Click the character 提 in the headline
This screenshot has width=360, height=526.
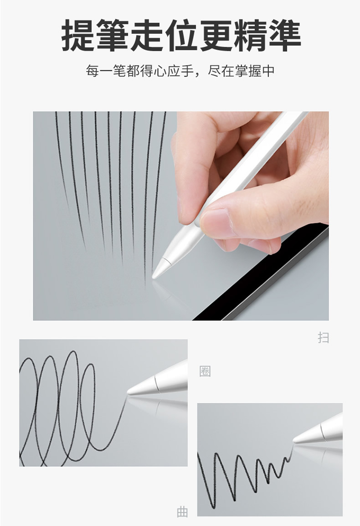(78, 35)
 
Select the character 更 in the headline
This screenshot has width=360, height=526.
(216, 35)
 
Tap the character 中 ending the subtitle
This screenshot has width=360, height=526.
(268, 71)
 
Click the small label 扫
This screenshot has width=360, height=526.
(323, 337)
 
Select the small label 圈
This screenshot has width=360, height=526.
(205, 371)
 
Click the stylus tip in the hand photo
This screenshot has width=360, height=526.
(154, 277)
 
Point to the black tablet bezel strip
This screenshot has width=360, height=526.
(260, 272)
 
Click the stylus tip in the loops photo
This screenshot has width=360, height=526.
(129, 392)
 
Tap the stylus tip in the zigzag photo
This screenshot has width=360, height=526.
(294, 440)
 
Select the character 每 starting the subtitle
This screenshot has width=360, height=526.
(92, 71)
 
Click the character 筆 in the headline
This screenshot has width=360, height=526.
(113, 35)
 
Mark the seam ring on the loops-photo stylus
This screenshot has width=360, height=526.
(157, 384)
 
